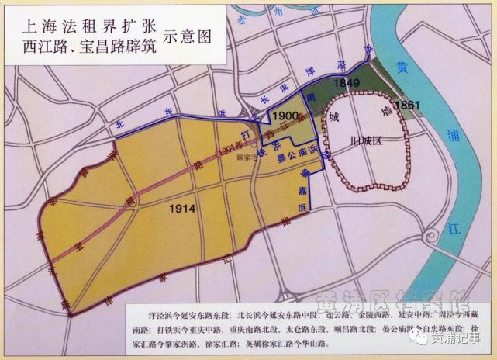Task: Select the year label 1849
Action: tap(346, 83)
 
